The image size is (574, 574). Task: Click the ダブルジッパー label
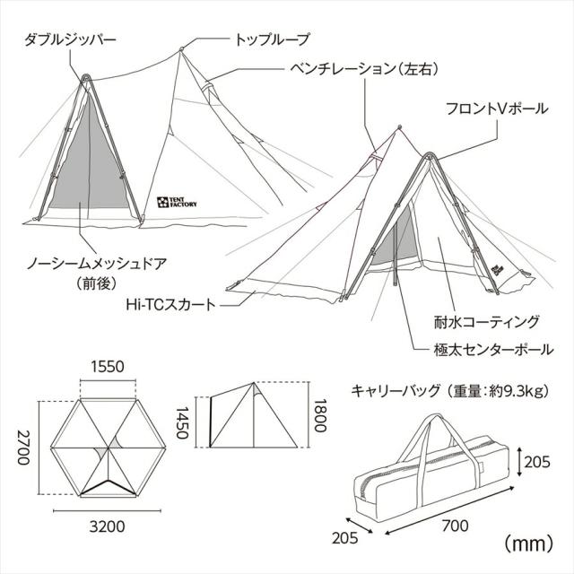pos(70,39)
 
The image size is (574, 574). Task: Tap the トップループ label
pos(272,39)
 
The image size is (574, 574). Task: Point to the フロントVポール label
pos(497,109)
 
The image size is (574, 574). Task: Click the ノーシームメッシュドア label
pos(97,264)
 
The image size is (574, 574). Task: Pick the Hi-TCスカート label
pos(170,304)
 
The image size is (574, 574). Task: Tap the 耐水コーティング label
pos(487,322)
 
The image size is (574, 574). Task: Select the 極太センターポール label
pos(493,350)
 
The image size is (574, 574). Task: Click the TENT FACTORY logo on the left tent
pos(177,202)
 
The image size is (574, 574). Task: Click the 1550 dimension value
pos(108,367)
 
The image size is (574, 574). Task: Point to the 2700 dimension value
pos(23,448)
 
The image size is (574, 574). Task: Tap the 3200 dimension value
pos(108,526)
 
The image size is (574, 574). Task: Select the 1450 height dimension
pos(182,422)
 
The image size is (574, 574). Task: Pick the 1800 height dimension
pos(319,415)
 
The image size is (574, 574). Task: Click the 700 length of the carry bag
pos(455,526)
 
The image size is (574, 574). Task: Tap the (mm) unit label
pos(528,544)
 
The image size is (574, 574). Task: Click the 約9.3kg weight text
pos(512,391)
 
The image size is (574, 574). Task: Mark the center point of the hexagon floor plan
pos(109,448)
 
